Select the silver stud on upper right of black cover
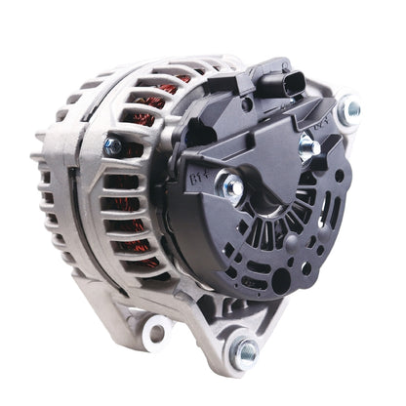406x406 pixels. coord(306,145)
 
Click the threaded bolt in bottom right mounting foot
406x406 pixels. coord(245,349)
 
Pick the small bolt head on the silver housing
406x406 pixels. coord(112,146)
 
